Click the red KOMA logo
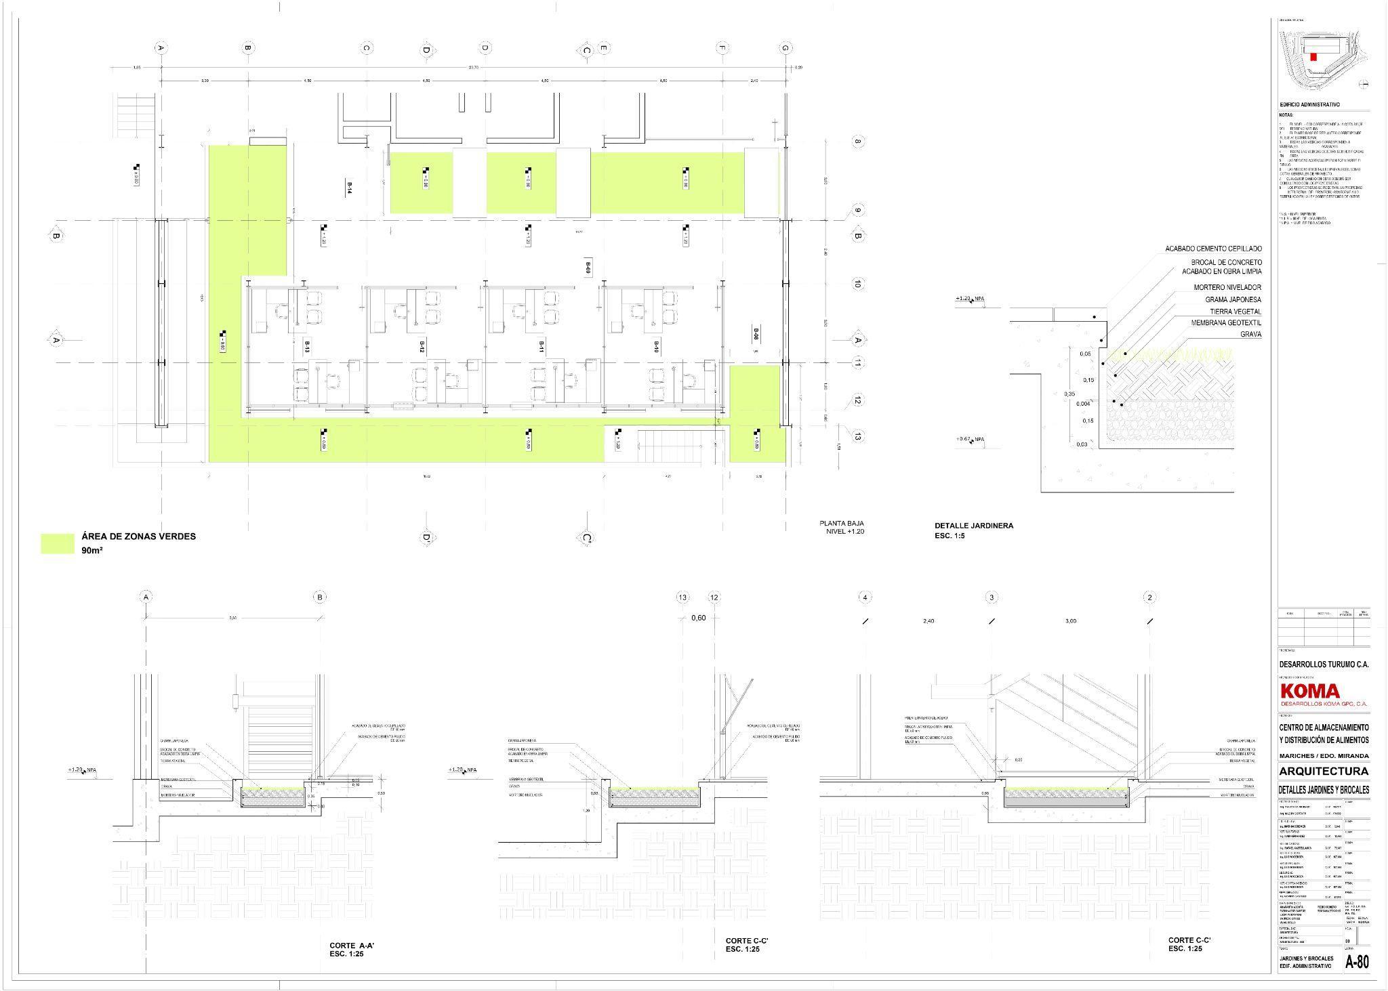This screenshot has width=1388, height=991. (x=1310, y=691)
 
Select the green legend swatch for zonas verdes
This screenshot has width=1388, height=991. (x=58, y=543)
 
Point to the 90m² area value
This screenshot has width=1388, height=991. (x=92, y=551)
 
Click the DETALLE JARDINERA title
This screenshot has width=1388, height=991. (x=974, y=526)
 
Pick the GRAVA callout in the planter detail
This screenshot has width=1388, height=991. (x=1250, y=335)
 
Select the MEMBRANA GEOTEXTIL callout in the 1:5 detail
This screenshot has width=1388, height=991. (x=1226, y=323)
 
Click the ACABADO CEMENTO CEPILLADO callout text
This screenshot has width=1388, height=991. (x=1213, y=249)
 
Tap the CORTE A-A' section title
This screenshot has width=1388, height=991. (x=347, y=945)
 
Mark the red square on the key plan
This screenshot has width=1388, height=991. (x=1313, y=57)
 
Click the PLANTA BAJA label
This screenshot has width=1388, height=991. (x=842, y=524)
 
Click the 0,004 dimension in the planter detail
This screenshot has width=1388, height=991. (x=1083, y=404)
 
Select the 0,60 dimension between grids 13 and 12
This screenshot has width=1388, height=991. (x=698, y=618)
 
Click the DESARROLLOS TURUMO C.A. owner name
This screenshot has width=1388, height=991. (x=1324, y=665)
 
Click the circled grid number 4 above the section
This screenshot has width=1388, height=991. (x=865, y=597)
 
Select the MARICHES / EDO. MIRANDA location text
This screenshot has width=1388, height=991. (x=1324, y=756)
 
